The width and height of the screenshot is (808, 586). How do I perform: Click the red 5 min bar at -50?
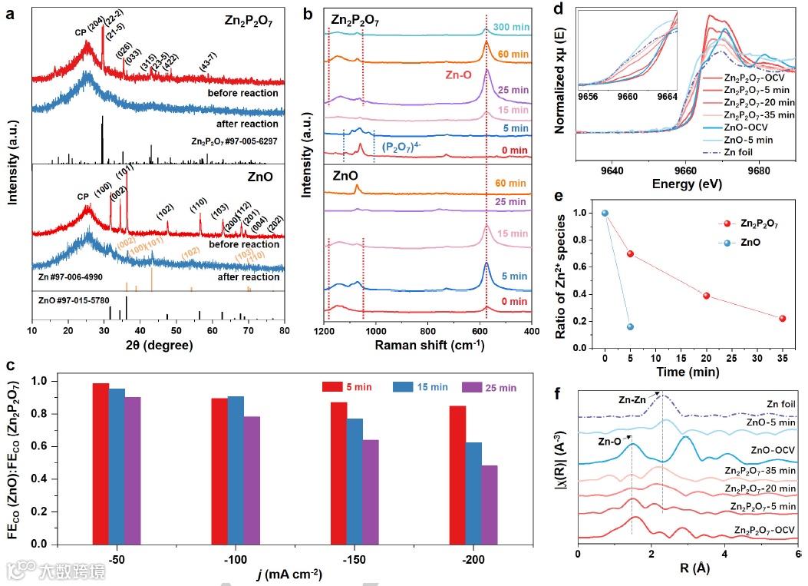pyautogui.click(x=100, y=463)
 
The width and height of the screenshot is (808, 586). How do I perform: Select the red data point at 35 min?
pyautogui.click(x=782, y=319)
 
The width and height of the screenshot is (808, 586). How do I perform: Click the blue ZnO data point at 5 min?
pyautogui.click(x=630, y=327)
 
